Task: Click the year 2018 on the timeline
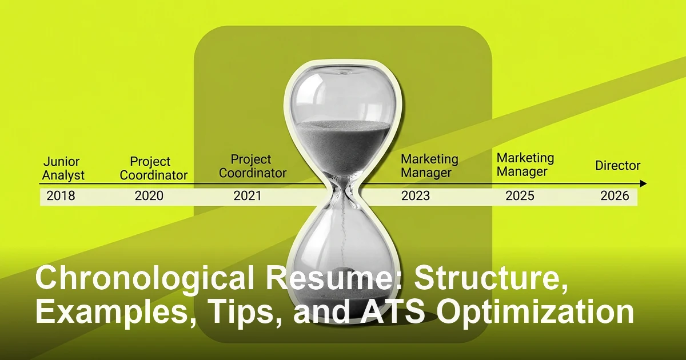tap(61, 196)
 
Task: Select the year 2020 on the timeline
tap(149, 196)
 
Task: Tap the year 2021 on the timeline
tap(248, 196)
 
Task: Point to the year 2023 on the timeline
tap(416, 196)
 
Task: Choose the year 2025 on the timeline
tap(520, 196)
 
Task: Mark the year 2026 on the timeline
tap(615, 196)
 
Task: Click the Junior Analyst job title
tap(63, 169)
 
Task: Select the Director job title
tap(617, 166)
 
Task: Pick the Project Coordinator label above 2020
tap(153, 169)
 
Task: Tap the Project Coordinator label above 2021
tap(253, 166)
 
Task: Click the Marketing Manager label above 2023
tap(429, 166)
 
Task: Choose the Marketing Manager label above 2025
tap(525, 164)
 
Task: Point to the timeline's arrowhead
tap(644, 184)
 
